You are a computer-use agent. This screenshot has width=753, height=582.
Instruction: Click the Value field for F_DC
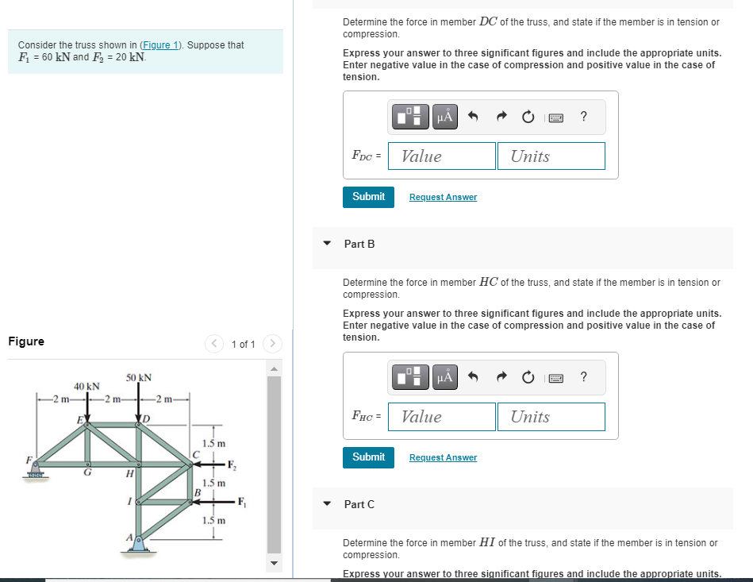[x=442, y=156]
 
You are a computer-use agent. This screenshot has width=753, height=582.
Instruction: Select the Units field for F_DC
[x=551, y=156]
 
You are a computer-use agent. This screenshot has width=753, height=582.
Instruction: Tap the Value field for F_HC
[x=442, y=417]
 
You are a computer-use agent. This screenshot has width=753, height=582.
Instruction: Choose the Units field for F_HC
[x=551, y=417]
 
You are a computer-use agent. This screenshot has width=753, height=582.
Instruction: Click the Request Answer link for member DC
[x=443, y=197]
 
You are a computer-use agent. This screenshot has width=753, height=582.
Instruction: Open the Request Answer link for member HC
[x=443, y=457]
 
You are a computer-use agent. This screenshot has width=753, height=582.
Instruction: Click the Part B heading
[x=359, y=244]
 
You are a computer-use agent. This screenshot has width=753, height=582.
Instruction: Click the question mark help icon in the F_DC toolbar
[x=584, y=118]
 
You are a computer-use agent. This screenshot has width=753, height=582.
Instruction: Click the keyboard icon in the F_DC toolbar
[x=556, y=118]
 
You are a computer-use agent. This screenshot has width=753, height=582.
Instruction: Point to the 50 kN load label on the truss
[x=139, y=377]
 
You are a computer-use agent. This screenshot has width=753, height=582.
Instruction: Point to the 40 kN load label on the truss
[x=86, y=387]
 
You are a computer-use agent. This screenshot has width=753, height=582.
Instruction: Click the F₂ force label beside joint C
[x=231, y=464]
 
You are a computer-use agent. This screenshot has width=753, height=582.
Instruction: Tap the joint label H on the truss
[x=129, y=474]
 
